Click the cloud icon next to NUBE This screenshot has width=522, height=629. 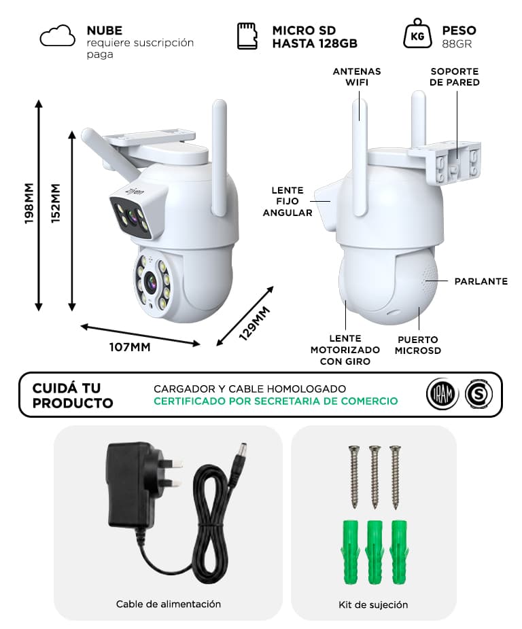[x=57, y=36]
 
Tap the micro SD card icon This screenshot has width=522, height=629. [x=247, y=36]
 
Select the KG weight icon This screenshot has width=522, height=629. [x=417, y=33]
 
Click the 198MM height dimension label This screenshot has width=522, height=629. [x=29, y=203]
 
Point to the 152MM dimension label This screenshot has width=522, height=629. [x=56, y=203]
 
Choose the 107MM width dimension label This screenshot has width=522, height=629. [x=130, y=347]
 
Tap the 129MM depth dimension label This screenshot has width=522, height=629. [x=255, y=323]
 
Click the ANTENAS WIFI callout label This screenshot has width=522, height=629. [x=357, y=77]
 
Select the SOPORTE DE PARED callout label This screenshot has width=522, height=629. [x=455, y=77]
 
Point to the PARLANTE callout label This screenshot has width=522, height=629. [x=481, y=281]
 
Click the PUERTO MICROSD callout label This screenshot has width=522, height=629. [x=417, y=345]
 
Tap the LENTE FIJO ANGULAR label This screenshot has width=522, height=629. [x=288, y=201]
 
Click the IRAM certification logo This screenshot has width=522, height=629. [x=442, y=394]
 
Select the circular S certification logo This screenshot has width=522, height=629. [x=478, y=394]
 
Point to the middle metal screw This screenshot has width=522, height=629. [x=375, y=477]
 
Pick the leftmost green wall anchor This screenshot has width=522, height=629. [x=350, y=553]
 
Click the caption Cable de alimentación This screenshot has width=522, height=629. [x=169, y=604]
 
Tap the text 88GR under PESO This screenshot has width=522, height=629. [x=457, y=43]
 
